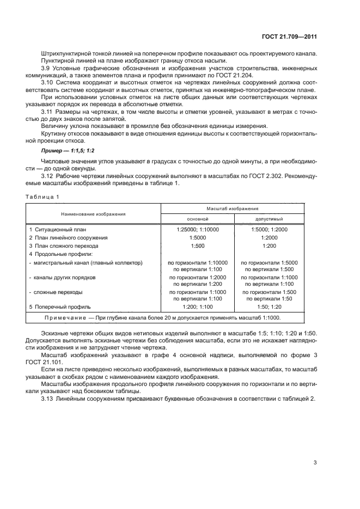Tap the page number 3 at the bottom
click(315, 463)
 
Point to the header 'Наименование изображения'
click(93, 213)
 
